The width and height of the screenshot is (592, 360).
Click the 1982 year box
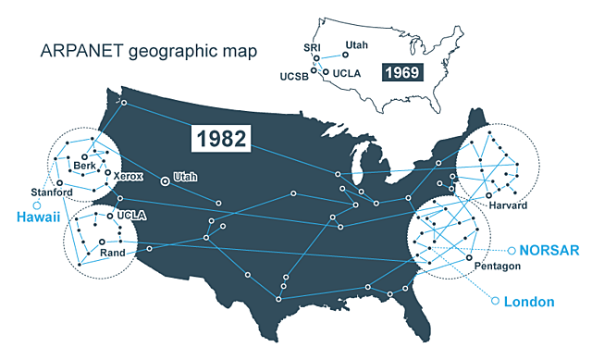pyautogui.click(x=221, y=139)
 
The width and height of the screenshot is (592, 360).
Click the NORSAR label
pyautogui.click(x=548, y=250)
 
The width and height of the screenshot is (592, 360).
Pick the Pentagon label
pyautogui.click(x=496, y=266)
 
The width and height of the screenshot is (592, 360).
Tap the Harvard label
pyautogui.click(x=508, y=205)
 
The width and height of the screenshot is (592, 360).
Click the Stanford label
pyautogui.click(x=52, y=192)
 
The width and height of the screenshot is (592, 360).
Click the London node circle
pyautogui.click(x=495, y=301)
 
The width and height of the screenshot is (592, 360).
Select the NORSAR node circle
pyautogui.click(x=509, y=250)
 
